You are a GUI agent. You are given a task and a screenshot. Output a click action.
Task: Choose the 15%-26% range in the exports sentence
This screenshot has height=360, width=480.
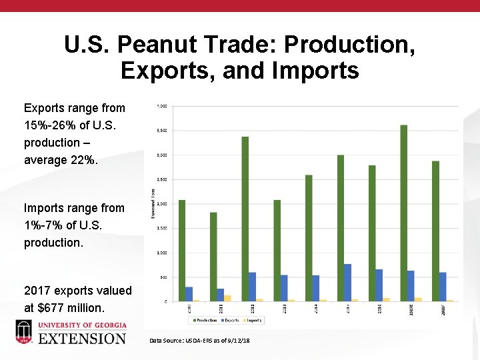(x=51, y=125)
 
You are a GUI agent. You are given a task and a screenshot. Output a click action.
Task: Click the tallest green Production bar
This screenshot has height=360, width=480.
(x=403, y=213)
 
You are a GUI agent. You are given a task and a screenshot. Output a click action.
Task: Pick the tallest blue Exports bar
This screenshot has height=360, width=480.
(x=347, y=283)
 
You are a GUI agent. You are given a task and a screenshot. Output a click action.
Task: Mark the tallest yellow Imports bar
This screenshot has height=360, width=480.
(x=227, y=298)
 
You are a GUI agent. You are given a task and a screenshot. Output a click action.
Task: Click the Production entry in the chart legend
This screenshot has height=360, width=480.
(x=205, y=320)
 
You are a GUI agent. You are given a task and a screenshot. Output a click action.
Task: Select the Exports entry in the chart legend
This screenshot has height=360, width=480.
(x=229, y=320)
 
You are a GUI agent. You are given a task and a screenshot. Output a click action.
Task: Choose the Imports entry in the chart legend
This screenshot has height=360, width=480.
(x=253, y=320)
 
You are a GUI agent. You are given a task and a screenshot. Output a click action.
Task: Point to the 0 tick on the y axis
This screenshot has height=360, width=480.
(x=166, y=302)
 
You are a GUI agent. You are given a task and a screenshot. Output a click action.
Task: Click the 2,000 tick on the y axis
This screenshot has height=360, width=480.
(x=162, y=204)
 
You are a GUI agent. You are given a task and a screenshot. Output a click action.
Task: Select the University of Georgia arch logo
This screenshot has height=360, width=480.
(x=24, y=331)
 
